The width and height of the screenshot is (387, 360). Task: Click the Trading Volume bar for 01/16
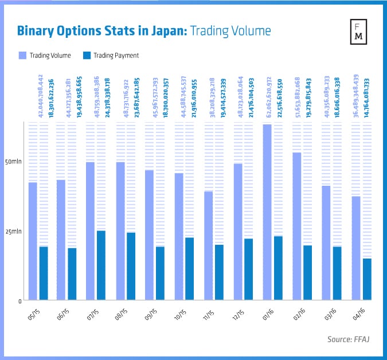point(267,212)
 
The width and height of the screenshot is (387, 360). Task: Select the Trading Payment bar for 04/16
point(366,279)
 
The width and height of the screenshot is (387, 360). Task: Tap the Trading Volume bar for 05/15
point(33,241)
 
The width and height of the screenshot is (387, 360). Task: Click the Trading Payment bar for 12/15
point(249,269)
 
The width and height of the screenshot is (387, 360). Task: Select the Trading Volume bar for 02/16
point(296,226)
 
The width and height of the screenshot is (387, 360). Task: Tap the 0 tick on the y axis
point(19,300)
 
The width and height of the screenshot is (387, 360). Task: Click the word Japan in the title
point(165,31)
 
